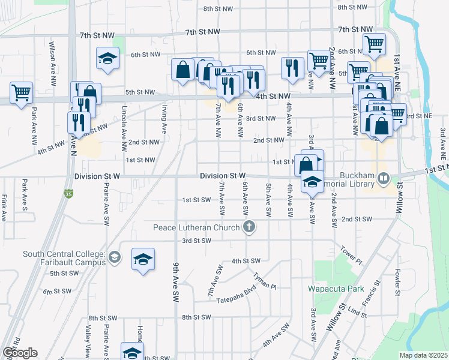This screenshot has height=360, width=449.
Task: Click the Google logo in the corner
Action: coord(20,353)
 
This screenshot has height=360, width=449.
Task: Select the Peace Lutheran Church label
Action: coord(197,227)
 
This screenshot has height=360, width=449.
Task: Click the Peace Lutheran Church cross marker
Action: coord(249,227)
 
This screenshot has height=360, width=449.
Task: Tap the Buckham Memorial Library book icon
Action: coord(385,178)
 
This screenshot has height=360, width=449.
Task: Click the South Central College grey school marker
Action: coord(115,258)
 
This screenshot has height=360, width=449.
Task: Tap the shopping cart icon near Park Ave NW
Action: coord(21,92)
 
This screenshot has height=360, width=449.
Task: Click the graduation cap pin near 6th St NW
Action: coord(107,58)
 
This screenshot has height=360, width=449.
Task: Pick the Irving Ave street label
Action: coord(164,119)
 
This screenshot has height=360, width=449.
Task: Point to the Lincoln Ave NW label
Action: coord(124,119)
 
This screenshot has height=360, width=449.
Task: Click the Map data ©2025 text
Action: coord(424,355)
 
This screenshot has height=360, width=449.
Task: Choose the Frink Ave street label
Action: coord(4,207)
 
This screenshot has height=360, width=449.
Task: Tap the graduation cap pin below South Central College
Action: coord(143,259)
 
